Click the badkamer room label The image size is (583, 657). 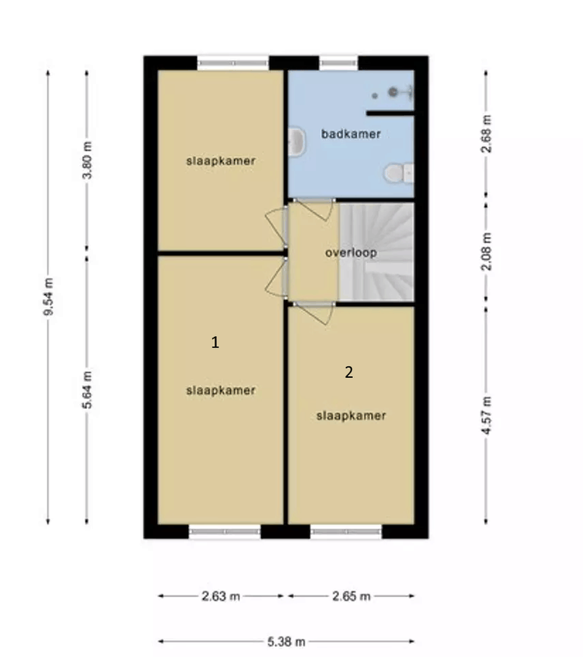click(x=351, y=134)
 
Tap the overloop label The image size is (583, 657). click(x=351, y=252)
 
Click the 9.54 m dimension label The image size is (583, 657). click(x=48, y=296)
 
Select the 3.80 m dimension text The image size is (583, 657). click(x=88, y=160)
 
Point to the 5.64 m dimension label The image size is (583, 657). click(x=88, y=389)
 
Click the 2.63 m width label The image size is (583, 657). click(x=221, y=596)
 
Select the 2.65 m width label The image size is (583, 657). click(x=350, y=596)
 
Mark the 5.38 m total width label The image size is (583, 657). click(x=287, y=641)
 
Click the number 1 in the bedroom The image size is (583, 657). click(x=215, y=342)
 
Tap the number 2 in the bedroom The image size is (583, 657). click(x=349, y=372)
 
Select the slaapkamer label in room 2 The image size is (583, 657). click(x=351, y=416)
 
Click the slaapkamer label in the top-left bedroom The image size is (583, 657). click(x=220, y=161)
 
